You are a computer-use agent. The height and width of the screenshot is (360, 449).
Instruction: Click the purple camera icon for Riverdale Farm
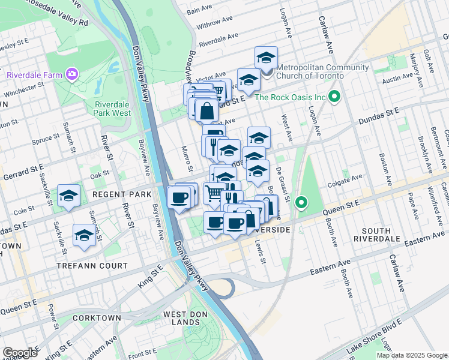pos(73,74)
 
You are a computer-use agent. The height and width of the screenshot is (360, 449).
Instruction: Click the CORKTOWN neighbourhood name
pos(97,317)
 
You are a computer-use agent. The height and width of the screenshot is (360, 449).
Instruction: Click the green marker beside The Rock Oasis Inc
pos(336,97)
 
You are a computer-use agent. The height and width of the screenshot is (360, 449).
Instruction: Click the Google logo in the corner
pos(20,353)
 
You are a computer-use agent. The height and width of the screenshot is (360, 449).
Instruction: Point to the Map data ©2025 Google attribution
pos(412,355)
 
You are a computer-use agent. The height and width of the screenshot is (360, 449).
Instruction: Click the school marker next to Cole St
pos(69,196)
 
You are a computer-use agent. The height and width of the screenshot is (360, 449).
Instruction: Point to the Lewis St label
pos(259,250)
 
